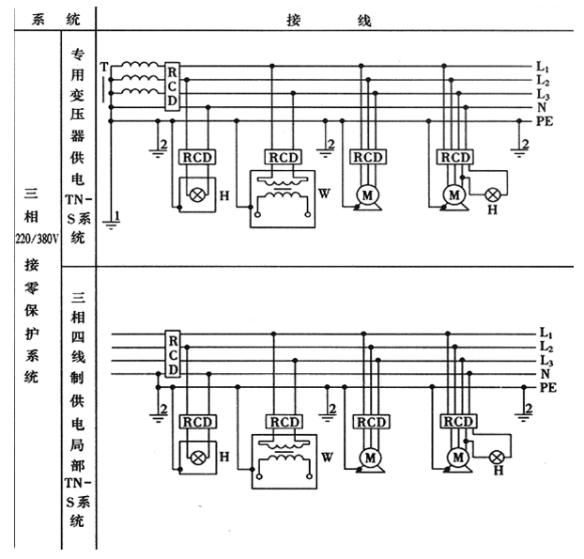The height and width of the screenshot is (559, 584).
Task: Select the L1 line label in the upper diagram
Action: [542, 67]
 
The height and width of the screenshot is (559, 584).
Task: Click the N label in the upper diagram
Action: [541, 108]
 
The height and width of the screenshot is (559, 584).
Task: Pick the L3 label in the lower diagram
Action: [544, 361]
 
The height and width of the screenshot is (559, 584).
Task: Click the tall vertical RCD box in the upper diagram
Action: [172, 85]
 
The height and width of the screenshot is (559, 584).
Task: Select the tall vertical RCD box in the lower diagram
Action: [172, 355]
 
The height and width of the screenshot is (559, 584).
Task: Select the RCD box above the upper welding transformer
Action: [283, 157]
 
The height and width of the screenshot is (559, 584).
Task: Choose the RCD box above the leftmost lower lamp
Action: [198, 422]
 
